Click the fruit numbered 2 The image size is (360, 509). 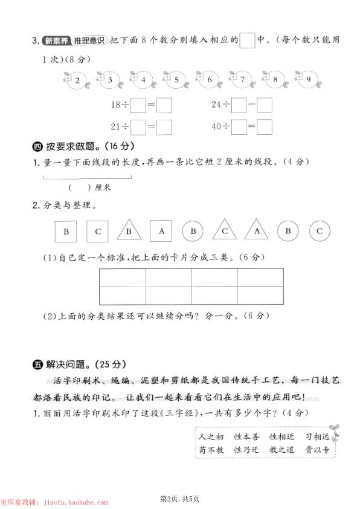(x=77, y=80)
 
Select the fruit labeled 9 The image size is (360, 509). (x=307, y=80)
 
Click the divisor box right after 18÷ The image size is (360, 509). (x=138, y=105)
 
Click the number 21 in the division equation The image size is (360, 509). (x=117, y=127)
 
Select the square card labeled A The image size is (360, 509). (x=161, y=230)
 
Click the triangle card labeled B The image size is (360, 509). (x=129, y=231)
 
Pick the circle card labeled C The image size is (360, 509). (x=320, y=230)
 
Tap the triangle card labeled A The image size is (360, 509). (x=256, y=231)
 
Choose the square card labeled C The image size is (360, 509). (x=97, y=230)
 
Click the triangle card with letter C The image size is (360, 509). (x=224, y=231)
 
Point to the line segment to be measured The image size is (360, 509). (x=88, y=178)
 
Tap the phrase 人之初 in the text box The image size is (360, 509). (x=211, y=436)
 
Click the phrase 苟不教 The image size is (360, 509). (x=211, y=450)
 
